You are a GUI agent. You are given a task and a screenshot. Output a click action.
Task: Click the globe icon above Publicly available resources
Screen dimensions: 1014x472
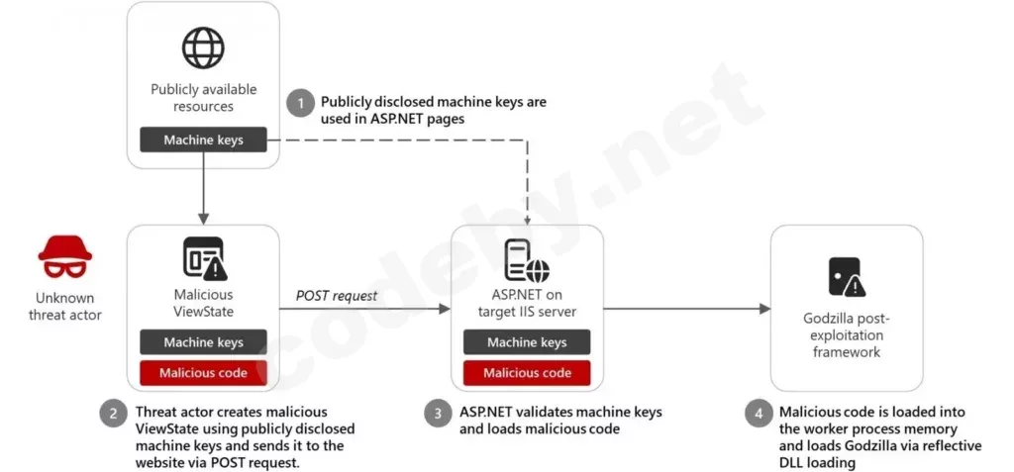coord(203,47)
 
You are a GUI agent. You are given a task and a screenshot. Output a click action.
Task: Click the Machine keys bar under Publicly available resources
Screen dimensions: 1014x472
coord(203,140)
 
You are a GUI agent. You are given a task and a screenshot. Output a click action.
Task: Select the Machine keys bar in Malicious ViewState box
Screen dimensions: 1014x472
coord(203,342)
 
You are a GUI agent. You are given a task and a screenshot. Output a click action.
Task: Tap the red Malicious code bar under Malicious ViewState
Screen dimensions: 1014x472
coord(203,372)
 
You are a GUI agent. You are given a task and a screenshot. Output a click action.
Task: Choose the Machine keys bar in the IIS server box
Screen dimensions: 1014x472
coord(527,342)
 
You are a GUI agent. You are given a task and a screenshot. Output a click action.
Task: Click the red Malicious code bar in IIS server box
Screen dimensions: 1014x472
coord(527,372)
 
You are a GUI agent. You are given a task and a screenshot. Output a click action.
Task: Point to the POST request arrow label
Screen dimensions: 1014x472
coord(337,296)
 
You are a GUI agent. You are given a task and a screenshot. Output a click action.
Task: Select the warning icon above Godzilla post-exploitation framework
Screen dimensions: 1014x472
coord(847,276)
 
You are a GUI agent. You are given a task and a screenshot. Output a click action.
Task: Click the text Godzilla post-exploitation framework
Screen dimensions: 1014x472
coord(847,334)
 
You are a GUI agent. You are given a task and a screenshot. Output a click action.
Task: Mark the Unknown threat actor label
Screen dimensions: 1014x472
coord(64,307)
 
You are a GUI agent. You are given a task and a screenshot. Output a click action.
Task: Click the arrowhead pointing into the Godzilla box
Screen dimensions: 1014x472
coord(765,309)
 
